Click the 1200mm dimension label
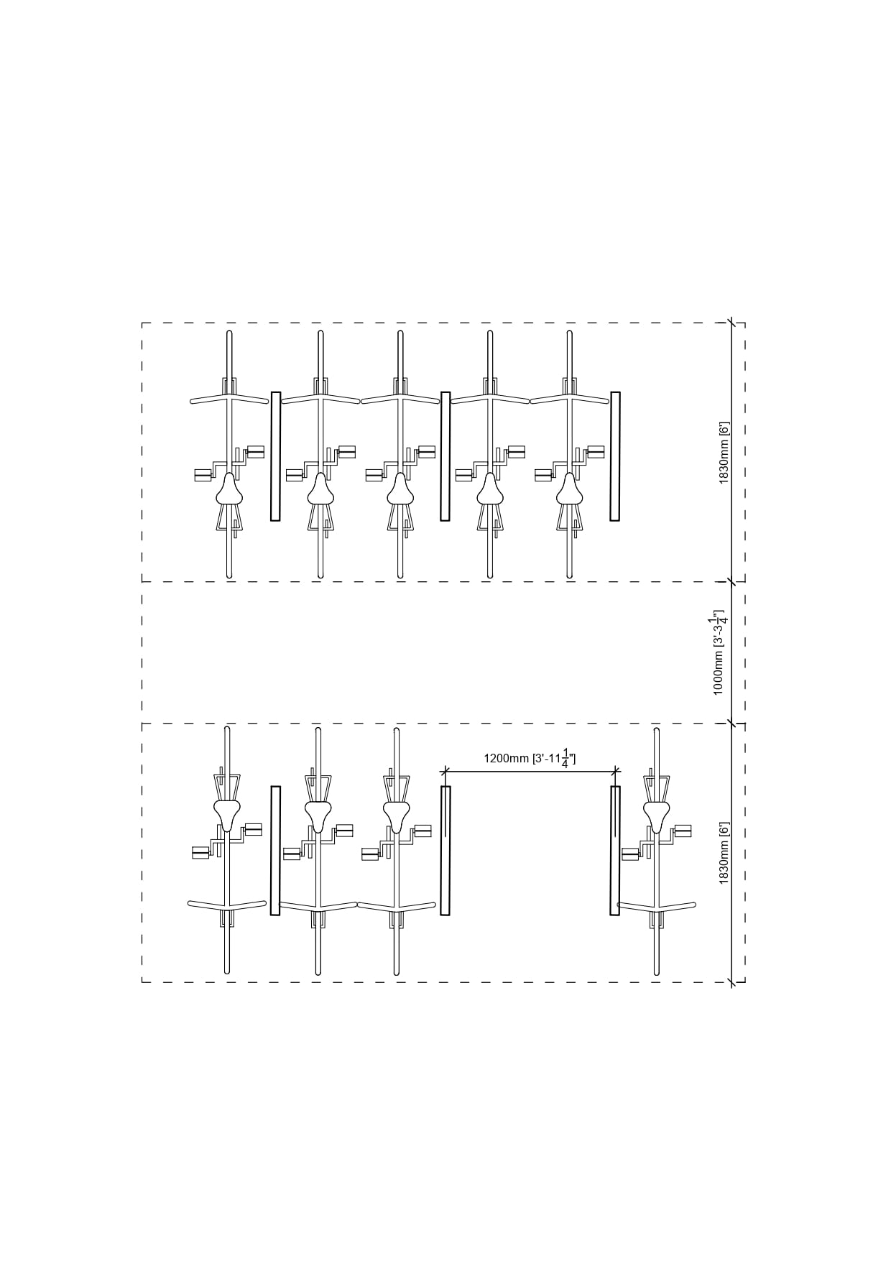[x=530, y=758]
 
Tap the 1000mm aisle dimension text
[x=719, y=652]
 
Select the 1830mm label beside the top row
[x=724, y=452]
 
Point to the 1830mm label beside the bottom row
[x=724, y=853]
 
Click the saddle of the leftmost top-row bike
[x=229, y=490]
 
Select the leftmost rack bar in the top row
[x=275, y=456]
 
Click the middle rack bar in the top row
[x=445, y=456]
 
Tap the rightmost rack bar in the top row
[x=615, y=456]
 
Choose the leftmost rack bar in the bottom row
[x=275, y=851]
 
